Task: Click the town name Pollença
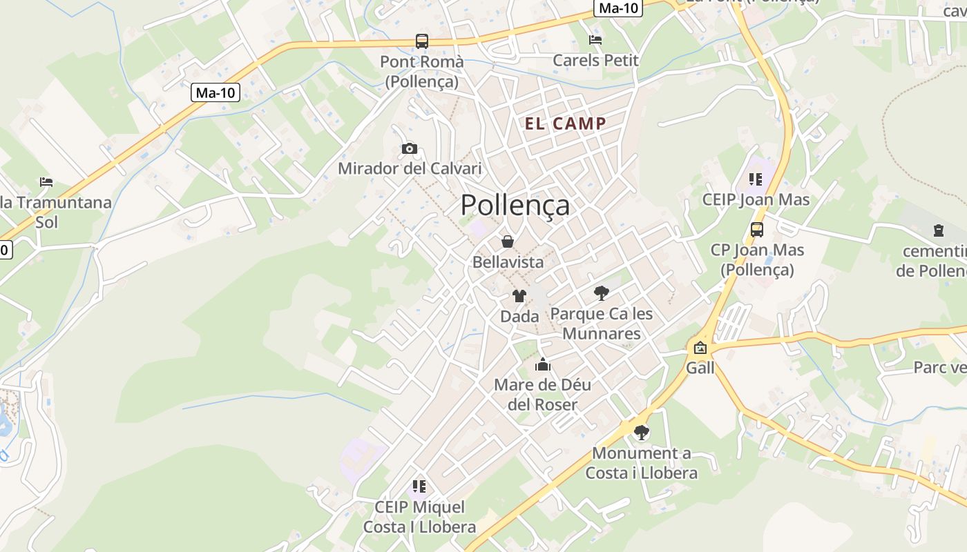[x=515, y=205]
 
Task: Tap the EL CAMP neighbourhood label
[x=566, y=124]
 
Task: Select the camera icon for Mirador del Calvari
[x=409, y=148]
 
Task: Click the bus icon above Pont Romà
[x=421, y=41]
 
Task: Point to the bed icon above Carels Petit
[x=595, y=39]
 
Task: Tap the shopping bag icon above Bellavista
[x=508, y=241]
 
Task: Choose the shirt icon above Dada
[x=519, y=296]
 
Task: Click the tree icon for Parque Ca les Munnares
[x=602, y=293]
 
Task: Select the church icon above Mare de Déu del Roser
[x=543, y=364]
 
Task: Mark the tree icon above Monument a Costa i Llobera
[x=642, y=433]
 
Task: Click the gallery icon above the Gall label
[x=700, y=347]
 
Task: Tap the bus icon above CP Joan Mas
[x=757, y=229]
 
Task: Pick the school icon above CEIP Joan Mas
[x=756, y=179]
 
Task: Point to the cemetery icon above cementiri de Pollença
[x=938, y=230]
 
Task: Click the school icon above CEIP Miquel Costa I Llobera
[x=419, y=486]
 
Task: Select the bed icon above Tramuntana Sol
[x=46, y=182]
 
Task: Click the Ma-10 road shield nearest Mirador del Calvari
[x=216, y=92]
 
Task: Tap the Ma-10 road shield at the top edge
[x=619, y=8]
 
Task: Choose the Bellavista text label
[x=508, y=262]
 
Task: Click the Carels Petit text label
[x=596, y=60]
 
